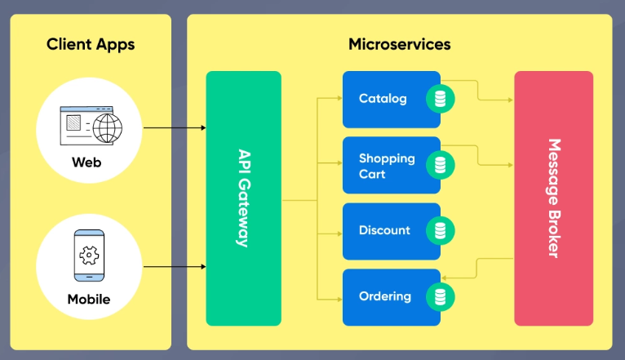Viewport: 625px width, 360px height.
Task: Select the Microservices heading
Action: click(x=399, y=44)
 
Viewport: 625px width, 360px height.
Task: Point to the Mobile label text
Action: click(x=88, y=299)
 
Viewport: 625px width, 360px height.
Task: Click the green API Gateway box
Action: click(x=243, y=198)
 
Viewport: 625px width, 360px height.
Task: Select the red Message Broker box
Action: click(x=553, y=198)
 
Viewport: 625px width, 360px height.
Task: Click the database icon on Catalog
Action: click(x=441, y=100)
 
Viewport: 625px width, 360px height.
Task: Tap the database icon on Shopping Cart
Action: click(x=441, y=166)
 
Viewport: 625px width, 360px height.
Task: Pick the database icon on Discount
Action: click(x=441, y=231)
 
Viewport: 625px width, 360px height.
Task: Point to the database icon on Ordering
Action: click(x=441, y=296)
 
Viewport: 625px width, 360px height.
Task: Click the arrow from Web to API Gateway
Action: click(x=175, y=128)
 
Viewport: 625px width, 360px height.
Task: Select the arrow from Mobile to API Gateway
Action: click(x=175, y=267)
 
